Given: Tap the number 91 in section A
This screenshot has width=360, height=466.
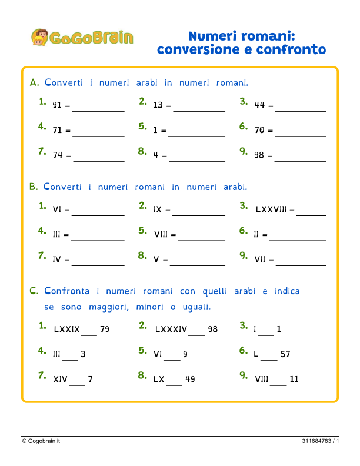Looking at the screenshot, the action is click(57, 106).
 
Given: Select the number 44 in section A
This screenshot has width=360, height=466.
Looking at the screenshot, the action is click(259, 106).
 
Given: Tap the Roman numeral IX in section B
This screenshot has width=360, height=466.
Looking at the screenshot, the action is click(158, 209).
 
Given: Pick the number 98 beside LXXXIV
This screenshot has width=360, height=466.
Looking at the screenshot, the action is click(212, 329).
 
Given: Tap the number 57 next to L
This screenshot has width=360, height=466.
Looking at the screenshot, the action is click(285, 355).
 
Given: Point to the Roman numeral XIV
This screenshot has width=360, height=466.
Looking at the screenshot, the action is click(60, 380).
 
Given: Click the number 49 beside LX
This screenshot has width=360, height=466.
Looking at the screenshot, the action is click(190, 380).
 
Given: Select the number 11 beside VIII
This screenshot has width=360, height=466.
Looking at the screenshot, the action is click(294, 380).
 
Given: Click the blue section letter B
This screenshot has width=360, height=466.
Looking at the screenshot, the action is click(34, 187).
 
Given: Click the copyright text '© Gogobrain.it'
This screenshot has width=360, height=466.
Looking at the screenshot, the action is click(42, 441).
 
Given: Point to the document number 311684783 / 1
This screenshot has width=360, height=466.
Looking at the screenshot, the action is click(321, 441).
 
